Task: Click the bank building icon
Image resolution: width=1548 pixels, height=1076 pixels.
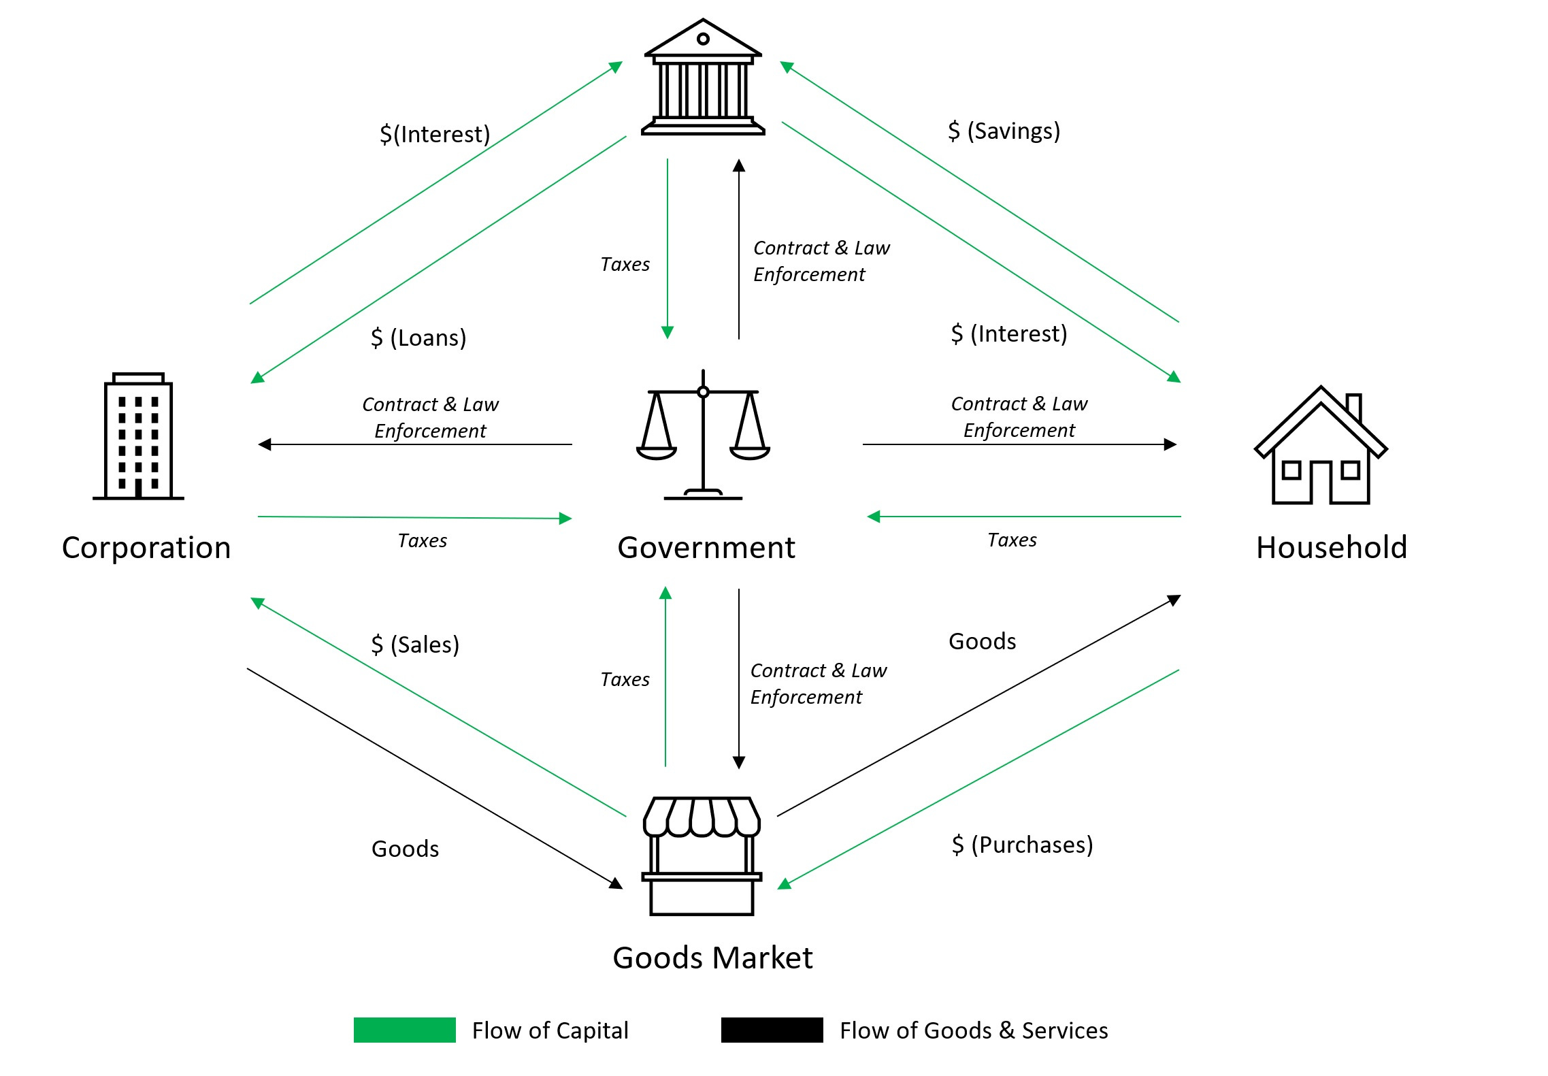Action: (x=703, y=78)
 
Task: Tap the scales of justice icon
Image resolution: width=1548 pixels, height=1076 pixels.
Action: (x=703, y=436)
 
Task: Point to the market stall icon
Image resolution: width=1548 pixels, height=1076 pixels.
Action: (x=702, y=855)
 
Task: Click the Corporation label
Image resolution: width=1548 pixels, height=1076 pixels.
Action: (x=146, y=548)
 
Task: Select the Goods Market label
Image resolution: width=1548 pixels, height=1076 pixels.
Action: (x=712, y=958)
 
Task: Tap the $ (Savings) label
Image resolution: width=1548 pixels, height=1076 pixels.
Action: (x=1004, y=131)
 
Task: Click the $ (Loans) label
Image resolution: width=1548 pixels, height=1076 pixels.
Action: (x=418, y=338)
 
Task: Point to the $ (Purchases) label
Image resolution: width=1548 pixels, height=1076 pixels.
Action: (x=1022, y=845)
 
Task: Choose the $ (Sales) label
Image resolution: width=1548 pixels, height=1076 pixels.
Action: (x=414, y=645)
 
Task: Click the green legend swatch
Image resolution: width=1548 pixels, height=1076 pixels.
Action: (x=404, y=1030)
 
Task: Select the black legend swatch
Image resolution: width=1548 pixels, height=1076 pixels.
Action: (x=772, y=1030)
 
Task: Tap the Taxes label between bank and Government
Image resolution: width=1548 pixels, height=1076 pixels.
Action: (x=625, y=264)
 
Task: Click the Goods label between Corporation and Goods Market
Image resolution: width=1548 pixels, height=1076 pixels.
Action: (x=405, y=849)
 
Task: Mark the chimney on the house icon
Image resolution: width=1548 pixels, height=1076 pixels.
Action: (x=1353, y=407)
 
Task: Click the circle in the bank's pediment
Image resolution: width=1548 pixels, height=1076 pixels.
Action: (x=703, y=39)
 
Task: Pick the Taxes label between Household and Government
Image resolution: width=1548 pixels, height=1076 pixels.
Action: (x=1012, y=540)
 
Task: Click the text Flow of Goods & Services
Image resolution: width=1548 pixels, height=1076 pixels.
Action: (x=974, y=1030)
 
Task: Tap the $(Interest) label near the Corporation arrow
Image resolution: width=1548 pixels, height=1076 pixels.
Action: (x=435, y=134)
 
